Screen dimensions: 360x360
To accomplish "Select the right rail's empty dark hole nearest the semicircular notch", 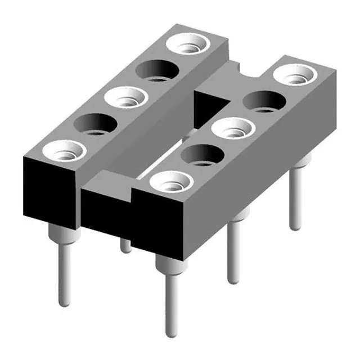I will tap(263, 101).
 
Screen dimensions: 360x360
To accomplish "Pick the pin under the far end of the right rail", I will tap(295, 200).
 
